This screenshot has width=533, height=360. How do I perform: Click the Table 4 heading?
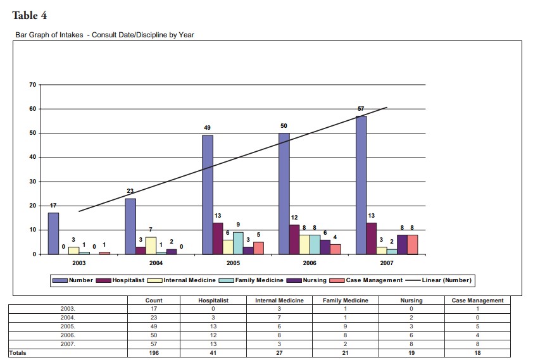point(30,15)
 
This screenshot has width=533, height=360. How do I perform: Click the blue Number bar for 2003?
point(53,233)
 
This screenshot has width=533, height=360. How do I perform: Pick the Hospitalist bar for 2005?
point(218,239)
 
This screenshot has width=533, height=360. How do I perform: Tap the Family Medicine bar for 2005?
point(238,243)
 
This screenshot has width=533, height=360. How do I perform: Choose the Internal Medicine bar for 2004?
point(151,245)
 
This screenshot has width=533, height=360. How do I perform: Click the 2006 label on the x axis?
point(310,262)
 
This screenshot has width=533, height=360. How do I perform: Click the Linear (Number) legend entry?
point(446,280)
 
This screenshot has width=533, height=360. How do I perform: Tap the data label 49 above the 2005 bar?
point(207,128)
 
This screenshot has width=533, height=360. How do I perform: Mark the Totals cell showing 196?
point(154,353)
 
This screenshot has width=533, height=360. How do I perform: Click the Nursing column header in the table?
point(411,301)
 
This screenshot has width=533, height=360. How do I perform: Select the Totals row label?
point(18,353)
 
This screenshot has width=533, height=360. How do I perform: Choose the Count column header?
point(154,301)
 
